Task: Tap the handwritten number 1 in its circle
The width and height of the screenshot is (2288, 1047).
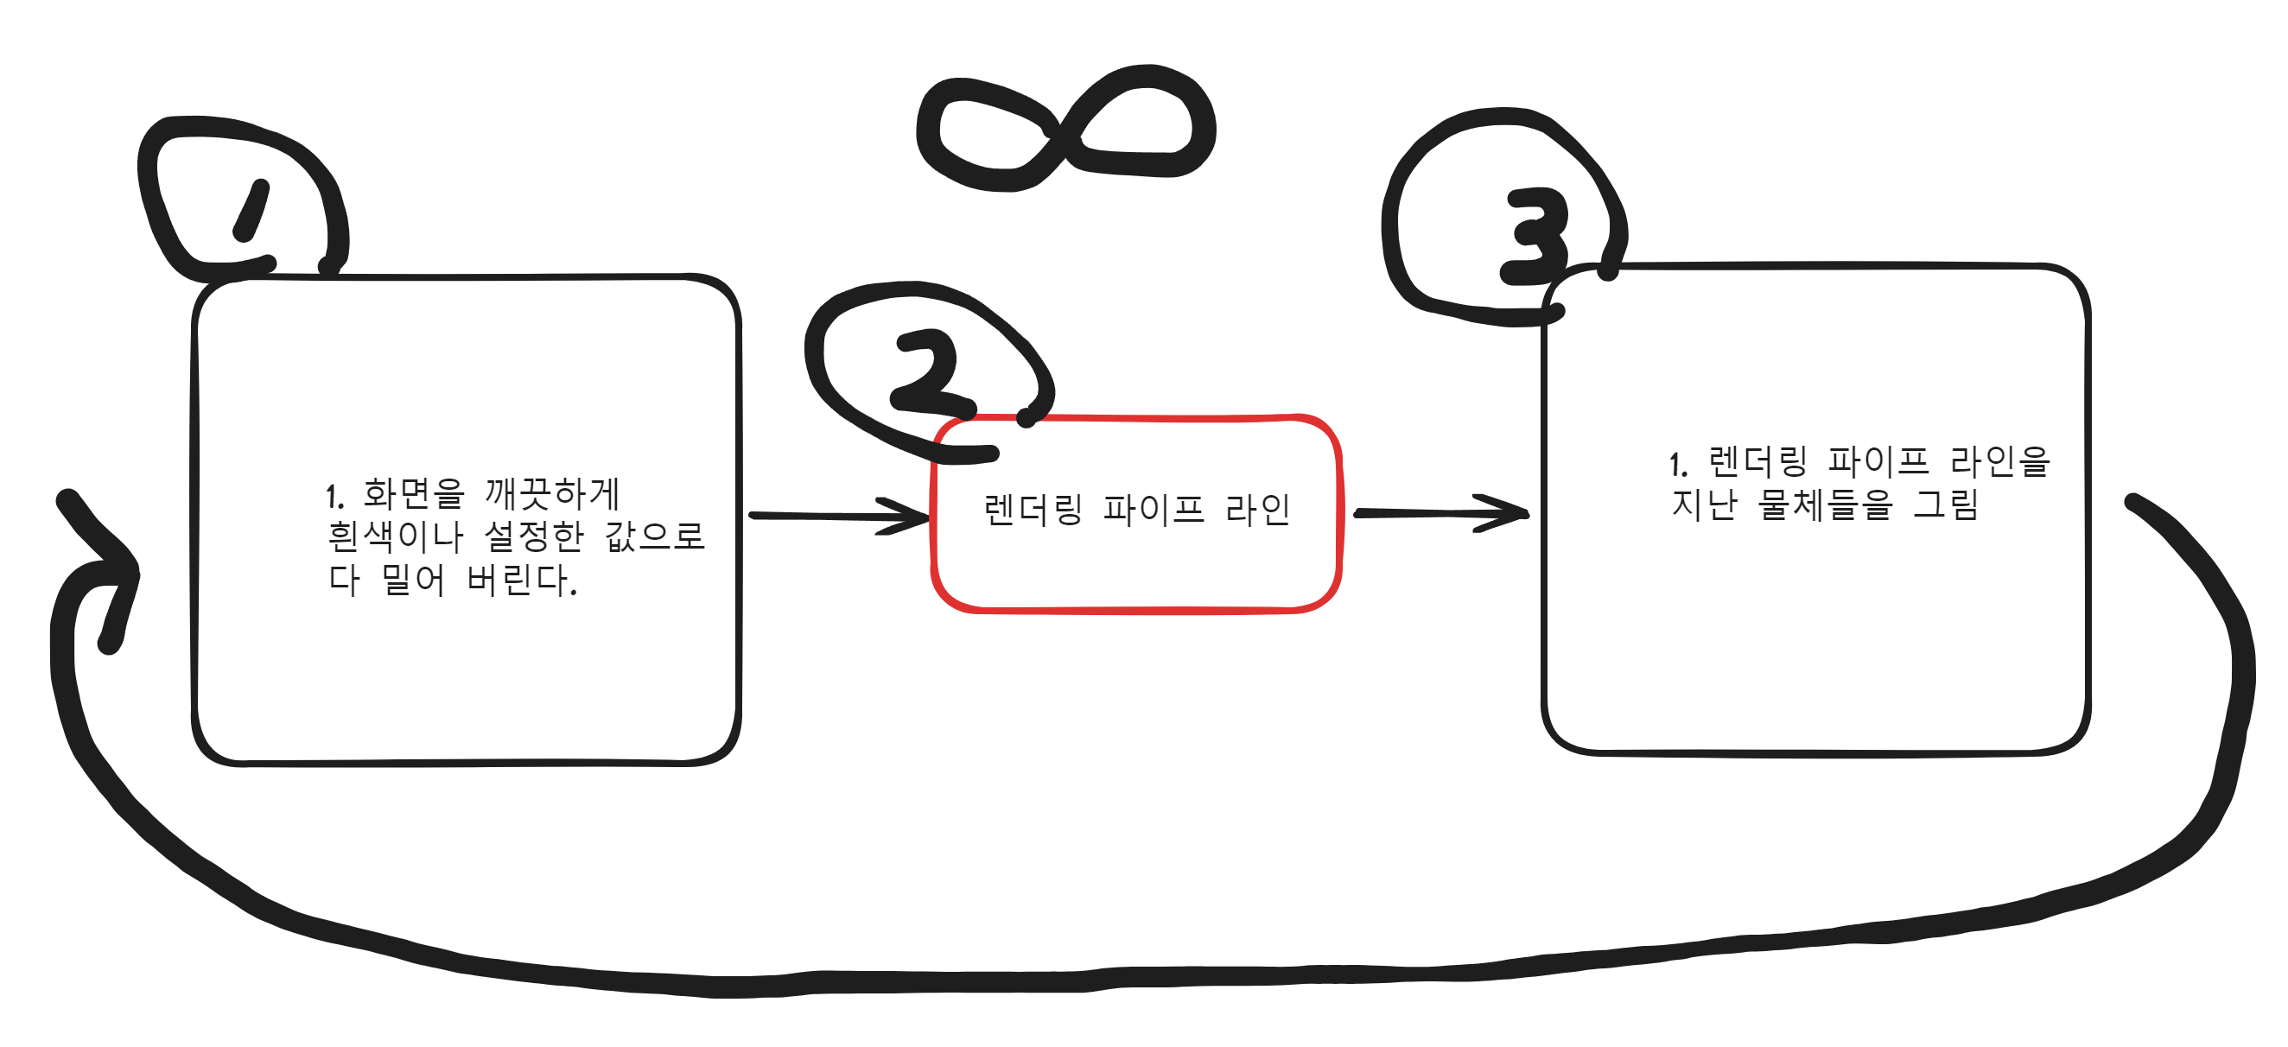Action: coord(251,211)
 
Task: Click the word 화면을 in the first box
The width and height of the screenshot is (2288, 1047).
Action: coord(413,494)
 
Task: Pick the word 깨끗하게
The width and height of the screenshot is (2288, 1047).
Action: coord(551,494)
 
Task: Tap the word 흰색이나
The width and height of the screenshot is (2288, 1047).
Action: coord(395,536)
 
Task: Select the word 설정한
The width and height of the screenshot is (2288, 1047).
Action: coord(534,536)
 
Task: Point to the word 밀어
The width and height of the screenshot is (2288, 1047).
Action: coord(413,580)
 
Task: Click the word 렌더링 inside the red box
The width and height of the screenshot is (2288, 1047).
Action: coord(1033,510)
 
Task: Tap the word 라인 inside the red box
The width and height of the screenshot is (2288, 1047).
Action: coord(1258,510)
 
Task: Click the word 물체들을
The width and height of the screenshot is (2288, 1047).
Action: coord(1825,504)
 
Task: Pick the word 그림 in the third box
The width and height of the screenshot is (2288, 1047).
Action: coord(1946,504)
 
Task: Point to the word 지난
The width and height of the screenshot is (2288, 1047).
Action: coord(1704,504)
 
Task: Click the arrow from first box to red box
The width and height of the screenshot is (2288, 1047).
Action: coord(838,516)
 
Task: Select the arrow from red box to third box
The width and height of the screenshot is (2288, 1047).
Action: coord(1440,513)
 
